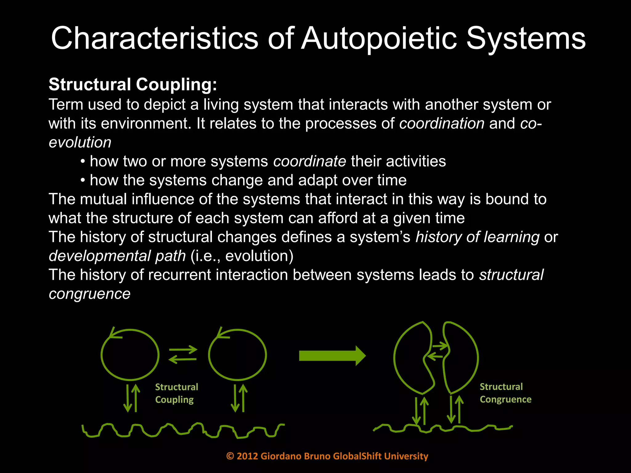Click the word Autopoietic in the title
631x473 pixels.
pyautogui.click(x=379, y=38)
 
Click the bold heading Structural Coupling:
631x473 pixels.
pyautogui.click(x=133, y=84)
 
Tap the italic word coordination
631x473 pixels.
pyautogui.click(x=442, y=123)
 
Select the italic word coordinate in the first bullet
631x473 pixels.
pyautogui.click(x=310, y=161)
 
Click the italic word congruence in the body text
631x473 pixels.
pyautogui.click(x=89, y=294)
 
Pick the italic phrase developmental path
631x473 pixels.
pyautogui.click(x=117, y=256)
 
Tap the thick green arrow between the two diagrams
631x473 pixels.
pyautogui.click(x=332, y=356)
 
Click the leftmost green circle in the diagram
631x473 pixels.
pyautogui.click(x=130, y=355)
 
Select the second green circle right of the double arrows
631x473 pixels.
pyautogui.click(x=237, y=355)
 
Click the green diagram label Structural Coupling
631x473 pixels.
pyautogui.click(x=176, y=393)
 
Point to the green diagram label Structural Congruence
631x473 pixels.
pyautogui.click(x=505, y=393)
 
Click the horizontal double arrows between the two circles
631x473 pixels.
pyautogui.click(x=183, y=354)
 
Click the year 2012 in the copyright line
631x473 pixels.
pyautogui.click(x=247, y=456)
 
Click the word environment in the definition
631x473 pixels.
pyautogui.click(x=144, y=123)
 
